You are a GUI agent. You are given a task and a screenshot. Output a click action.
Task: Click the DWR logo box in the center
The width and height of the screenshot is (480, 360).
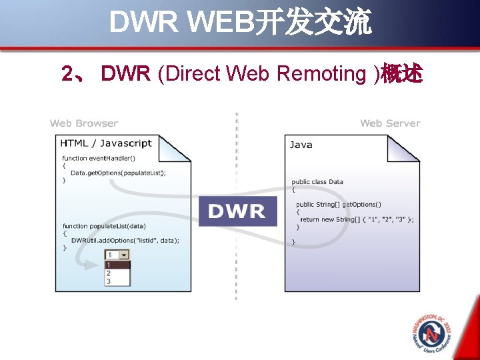click(237, 211)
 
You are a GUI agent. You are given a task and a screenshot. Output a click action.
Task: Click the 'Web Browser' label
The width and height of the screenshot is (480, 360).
click(84, 123)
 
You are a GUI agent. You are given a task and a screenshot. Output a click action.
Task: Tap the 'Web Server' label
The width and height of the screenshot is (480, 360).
click(390, 123)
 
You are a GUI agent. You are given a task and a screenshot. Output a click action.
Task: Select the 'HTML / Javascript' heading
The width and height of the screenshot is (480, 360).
click(106, 143)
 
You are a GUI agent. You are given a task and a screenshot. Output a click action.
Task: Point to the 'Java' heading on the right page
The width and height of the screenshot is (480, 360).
click(301, 145)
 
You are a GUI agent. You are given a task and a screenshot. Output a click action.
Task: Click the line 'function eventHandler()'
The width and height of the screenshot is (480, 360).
click(99, 158)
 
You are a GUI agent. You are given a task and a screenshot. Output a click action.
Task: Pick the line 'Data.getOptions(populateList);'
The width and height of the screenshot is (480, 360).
click(119, 173)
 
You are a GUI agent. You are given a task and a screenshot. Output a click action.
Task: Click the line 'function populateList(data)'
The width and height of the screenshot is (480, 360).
click(104, 226)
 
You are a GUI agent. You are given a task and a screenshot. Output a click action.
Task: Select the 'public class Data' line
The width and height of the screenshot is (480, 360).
click(317, 181)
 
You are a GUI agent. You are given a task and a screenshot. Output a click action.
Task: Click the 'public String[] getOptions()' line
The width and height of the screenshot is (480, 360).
click(339, 204)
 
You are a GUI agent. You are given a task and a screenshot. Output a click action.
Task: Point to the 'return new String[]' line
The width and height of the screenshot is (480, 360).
click(357, 219)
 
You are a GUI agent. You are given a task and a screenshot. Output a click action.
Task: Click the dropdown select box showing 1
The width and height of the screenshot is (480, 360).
click(117, 255)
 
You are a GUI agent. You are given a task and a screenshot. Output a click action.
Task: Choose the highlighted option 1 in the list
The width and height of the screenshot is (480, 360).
click(117, 265)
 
